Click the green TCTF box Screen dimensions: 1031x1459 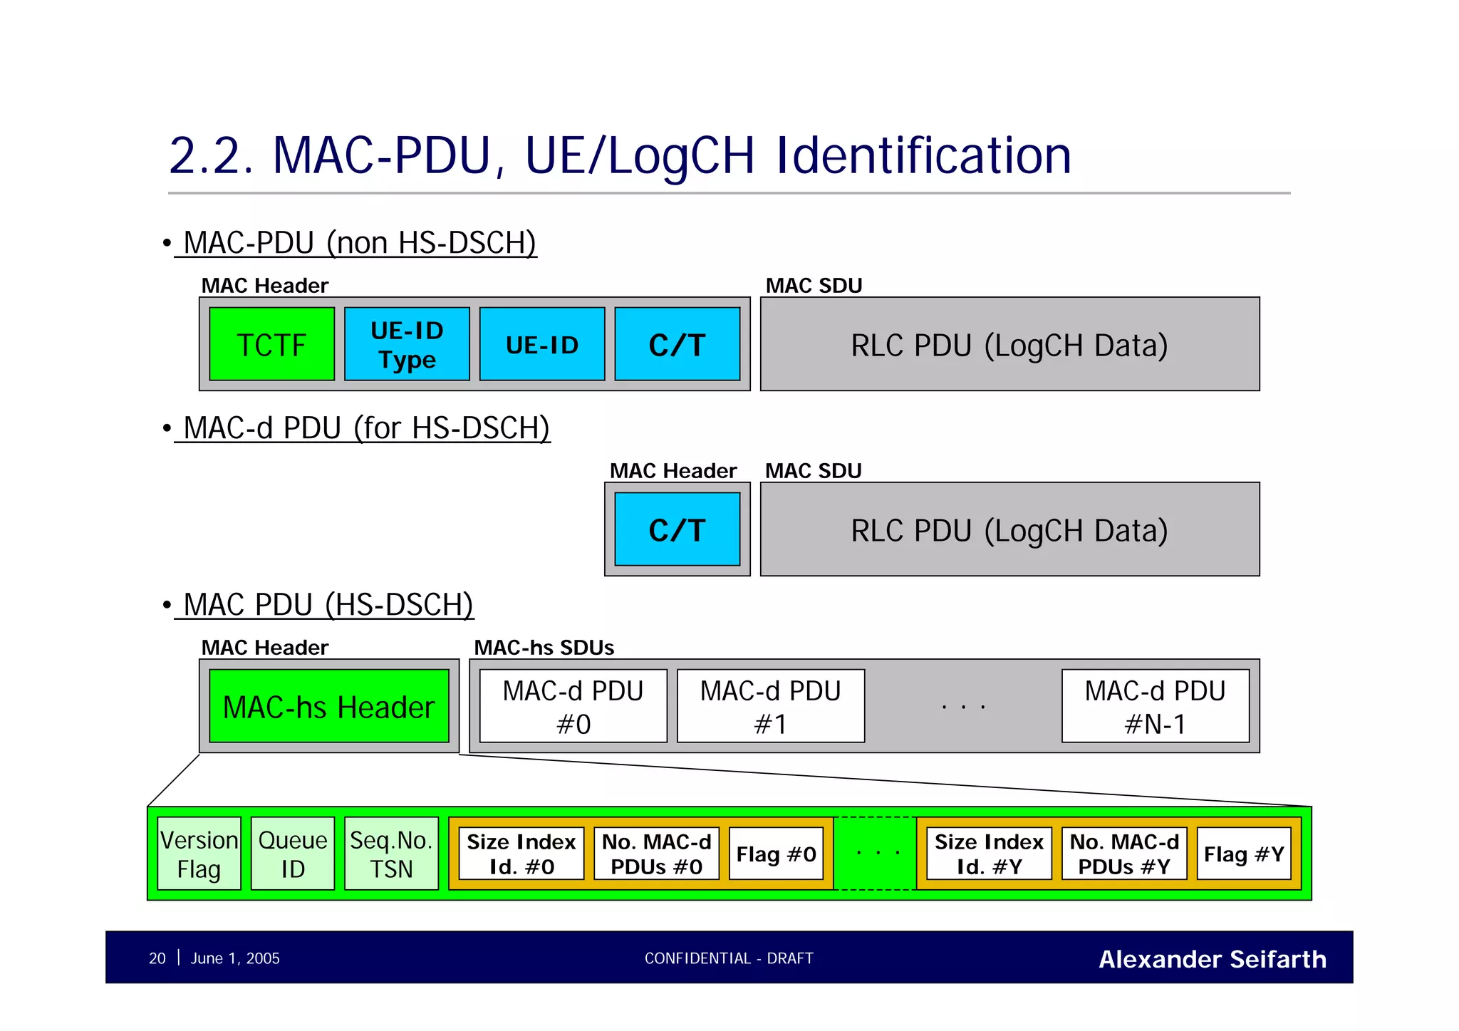pos(271,344)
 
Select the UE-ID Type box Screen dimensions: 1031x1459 pos(407,344)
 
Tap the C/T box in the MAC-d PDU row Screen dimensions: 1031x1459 pos(677,529)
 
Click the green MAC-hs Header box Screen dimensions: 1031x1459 pos(328,706)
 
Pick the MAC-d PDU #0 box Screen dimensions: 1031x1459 pos(573,706)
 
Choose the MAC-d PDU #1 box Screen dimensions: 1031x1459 pos(770,706)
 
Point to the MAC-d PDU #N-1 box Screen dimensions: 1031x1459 pos(1155,706)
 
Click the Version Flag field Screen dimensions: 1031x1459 pos(199,854)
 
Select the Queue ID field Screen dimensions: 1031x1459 pos(292,854)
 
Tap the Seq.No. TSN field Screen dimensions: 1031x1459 pos(391,854)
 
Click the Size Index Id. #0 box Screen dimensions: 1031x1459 pos(521,854)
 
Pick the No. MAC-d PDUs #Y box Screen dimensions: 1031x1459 pos(1123,854)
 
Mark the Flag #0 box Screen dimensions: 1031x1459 pos(776,854)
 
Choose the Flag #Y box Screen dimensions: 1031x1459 pos(1243,854)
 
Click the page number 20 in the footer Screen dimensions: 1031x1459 pos(157,958)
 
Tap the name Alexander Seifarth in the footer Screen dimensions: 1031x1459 pos(1212,959)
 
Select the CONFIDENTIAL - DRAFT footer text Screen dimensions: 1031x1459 pos(728,958)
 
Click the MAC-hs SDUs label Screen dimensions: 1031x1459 pos(544,647)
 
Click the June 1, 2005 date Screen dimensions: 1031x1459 pos(234,958)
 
